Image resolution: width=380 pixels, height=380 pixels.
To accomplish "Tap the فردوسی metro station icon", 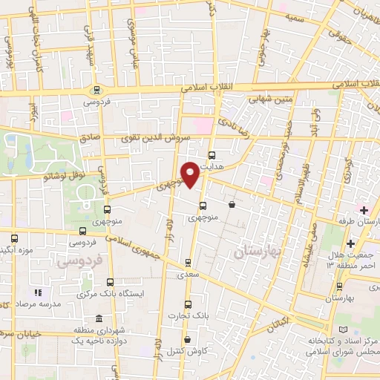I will [x=96, y=91].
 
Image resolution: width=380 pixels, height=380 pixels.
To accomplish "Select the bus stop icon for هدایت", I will [x=213, y=156].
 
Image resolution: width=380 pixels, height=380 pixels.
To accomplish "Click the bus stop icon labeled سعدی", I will [x=188, y=262].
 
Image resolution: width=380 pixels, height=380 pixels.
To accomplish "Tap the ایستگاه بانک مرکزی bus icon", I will [x=110, y=281].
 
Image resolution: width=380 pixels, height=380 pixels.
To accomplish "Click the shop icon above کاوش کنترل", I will [x=186, y=339].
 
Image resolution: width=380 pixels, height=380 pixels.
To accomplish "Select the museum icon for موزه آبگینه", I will [x=16, y=239].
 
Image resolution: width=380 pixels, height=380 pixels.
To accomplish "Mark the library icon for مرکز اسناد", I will [x=342, y=329].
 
